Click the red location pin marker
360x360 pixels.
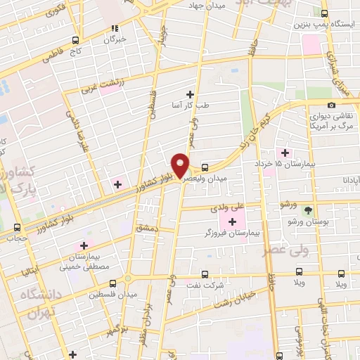click(181, 165)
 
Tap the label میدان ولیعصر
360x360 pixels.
click(204, 179)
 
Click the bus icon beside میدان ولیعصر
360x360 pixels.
click(205, 167)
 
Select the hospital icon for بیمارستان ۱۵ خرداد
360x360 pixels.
click(284, 153)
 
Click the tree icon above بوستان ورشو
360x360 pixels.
click(307, 210)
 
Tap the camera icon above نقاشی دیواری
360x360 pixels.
click(331, 105)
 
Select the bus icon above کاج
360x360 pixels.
click(76, 41)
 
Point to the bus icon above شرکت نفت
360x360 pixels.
click(205, 274)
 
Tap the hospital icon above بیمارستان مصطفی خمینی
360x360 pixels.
click(84, 245)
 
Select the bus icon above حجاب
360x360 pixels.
click(17, 227)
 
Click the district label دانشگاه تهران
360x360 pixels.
click(35, 304)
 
